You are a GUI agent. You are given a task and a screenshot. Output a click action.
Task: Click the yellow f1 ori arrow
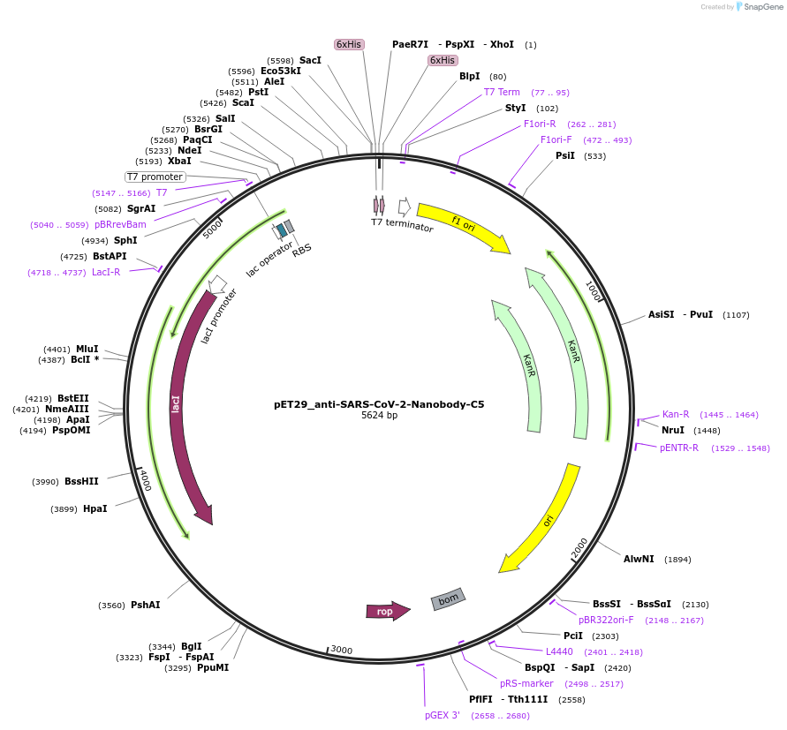[x=463, y=227]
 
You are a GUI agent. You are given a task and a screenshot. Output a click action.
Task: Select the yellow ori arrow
[x=542, y=520]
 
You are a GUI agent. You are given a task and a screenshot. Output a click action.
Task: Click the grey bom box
[x=449, y=600]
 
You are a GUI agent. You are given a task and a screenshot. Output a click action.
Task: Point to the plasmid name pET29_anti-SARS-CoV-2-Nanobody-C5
[x=379, y=404]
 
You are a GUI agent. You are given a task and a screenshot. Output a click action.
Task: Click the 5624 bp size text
[x=379, y=416]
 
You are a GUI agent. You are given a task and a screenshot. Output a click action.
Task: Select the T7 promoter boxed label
[x=155, y=177]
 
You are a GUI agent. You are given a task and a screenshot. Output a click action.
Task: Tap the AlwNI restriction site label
[x=639, y=559]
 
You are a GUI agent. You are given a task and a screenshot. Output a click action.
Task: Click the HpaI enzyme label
[x=95, y=508]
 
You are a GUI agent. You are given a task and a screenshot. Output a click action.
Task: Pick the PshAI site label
[x=145, y=606]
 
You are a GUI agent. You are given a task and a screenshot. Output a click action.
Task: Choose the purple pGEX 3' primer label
[x=443, y=715]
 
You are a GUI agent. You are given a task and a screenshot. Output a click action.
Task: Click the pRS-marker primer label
[x=526, y=683]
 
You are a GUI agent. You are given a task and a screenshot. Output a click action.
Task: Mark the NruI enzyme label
[x=673, y=430]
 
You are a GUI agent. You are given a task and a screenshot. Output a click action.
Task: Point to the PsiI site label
[x=565, y=155]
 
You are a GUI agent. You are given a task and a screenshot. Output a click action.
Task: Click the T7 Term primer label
[x=502, y=92]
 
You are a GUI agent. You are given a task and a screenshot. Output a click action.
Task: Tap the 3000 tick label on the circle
[x=342, y=651]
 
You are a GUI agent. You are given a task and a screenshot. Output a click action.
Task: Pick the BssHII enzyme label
[x=81, y=481]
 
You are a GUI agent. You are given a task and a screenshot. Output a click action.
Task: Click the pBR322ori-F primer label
[x=606, y=620]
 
